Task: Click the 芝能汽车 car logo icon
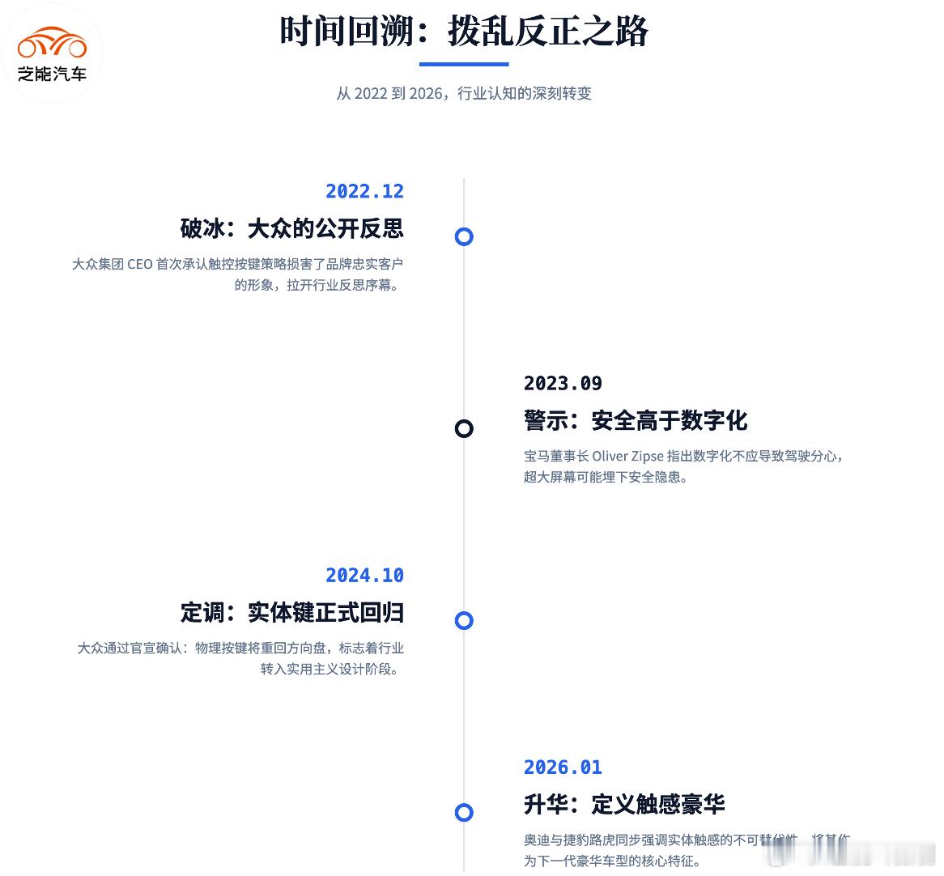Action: pos(52,43)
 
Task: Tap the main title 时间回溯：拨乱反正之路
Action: pos(464,32)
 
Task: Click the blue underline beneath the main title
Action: pos(464,64)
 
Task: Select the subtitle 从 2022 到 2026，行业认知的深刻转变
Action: pos(464,93)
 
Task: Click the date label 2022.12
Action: pos(364,191)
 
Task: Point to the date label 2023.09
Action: pos(563,383)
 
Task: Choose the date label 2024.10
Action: pos(364,575)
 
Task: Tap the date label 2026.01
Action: pos(563,767)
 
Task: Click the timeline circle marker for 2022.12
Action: pos(464,236)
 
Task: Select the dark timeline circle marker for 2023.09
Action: pos(464,428)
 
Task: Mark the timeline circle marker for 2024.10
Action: pos(464,620)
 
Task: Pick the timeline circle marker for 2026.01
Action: pos(464,812)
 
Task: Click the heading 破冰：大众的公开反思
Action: pos(292,228)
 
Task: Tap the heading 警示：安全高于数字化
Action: pos(636,420)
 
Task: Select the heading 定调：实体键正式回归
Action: pos(292,612)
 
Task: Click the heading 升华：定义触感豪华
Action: pos(624,804)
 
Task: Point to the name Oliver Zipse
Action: pos(627,456)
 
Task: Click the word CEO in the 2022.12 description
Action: pos(139,264)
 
